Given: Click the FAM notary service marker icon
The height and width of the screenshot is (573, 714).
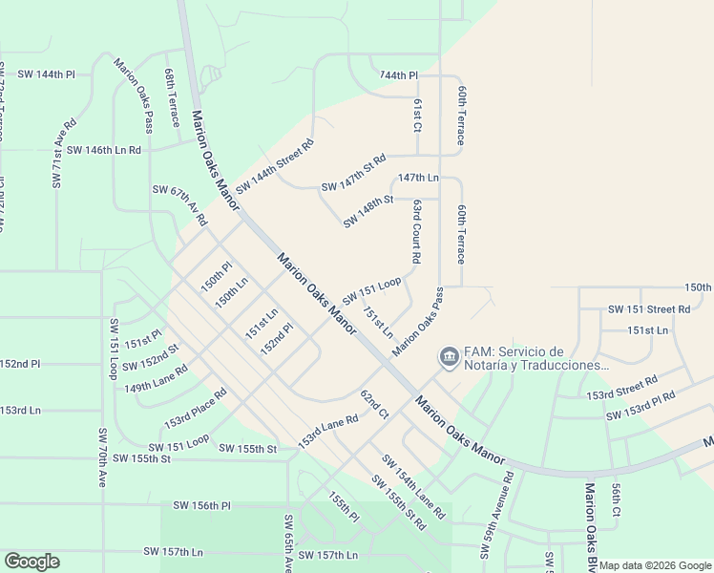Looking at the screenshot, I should (x=448, y=357).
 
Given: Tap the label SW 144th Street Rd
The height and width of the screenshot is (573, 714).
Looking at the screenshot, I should (x=275, y=164).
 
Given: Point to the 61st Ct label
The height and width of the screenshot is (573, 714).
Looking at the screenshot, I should (x=418, y=114).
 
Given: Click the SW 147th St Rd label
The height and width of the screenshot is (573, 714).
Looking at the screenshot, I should (x=353, y=173).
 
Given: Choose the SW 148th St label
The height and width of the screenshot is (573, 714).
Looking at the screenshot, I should (x=368, y=211).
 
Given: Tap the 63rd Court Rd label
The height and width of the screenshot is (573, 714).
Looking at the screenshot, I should (x=417, y=231).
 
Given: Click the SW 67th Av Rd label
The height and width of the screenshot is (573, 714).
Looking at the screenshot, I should (x=179, y=204).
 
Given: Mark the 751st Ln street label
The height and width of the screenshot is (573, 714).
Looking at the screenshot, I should (x=377, y=322).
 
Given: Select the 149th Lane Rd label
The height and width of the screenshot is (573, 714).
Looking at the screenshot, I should (x=156, y=378).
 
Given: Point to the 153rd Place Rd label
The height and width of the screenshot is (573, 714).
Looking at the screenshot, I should (x=195, y=408).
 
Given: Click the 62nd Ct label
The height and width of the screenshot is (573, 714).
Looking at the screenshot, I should (x=374, y=404).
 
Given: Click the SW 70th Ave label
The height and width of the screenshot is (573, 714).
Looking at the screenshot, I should (x=102, y=456).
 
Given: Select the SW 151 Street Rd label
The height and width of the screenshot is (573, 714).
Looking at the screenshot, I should (x=649, y=309).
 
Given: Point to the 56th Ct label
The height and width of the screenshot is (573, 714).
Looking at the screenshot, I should (x=617, y=499).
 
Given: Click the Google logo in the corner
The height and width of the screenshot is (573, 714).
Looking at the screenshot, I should (x=31, y=562).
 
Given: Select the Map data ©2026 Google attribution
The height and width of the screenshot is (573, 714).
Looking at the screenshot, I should (x=655, y=565).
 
